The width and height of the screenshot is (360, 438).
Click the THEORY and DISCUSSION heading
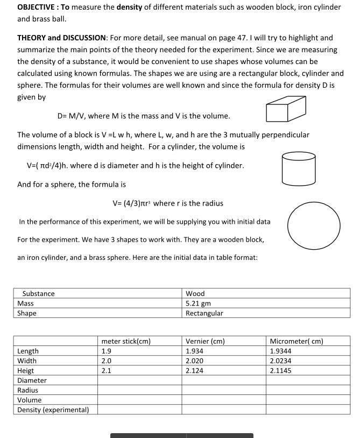point(62,38)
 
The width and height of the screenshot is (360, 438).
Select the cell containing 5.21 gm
point(199,303)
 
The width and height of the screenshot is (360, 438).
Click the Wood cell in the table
point(195,294)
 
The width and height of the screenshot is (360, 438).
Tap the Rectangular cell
point(204,313)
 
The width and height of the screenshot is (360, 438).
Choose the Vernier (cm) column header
point(205,341)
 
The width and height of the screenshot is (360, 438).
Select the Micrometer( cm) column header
point(296,341)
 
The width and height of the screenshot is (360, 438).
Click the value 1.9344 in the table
point(281,351)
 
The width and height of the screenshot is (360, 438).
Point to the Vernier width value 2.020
point(194,361)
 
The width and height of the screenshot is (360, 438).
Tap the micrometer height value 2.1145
point(281,370)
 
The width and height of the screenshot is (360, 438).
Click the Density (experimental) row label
point(53,409)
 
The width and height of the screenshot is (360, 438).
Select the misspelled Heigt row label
point(26,370)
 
